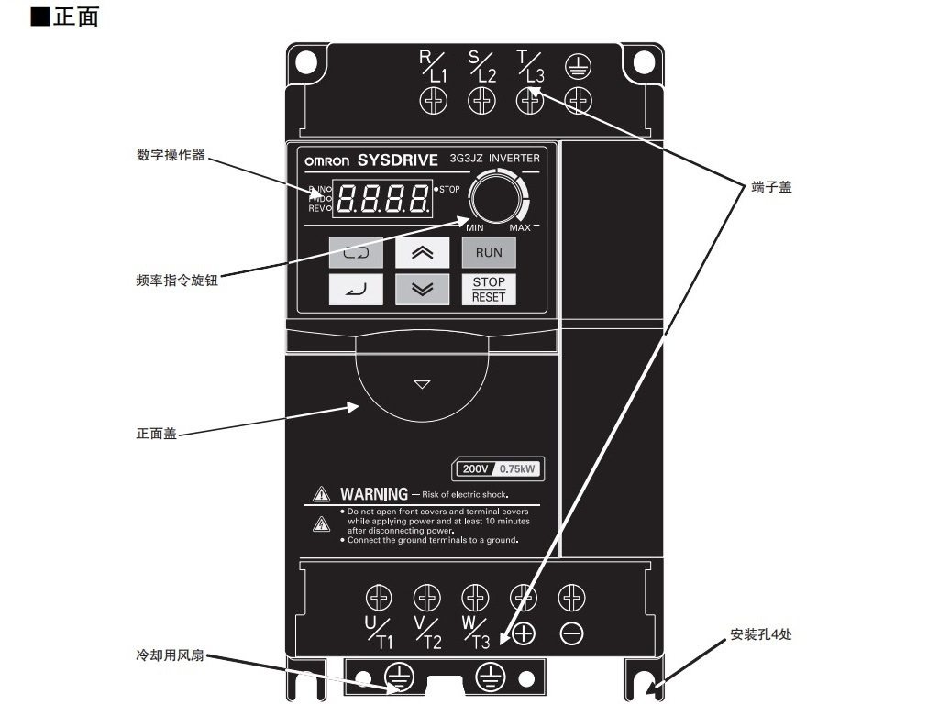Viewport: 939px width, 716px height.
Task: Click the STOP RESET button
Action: pos(489,289)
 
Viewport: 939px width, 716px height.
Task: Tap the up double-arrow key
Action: pos(422,252)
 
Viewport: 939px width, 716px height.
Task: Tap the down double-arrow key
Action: pos(422,290)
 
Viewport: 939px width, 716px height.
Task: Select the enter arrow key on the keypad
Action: pos(356,290)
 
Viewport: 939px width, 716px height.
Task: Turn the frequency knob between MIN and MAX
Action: pos(495,198)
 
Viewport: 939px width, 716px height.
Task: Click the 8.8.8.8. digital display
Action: pos(384,197)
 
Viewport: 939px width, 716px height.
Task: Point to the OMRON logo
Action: pos(326,160)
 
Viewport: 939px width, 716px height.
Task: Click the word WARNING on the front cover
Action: pos(373,494)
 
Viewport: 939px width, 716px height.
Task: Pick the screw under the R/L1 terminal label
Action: pos(433,100)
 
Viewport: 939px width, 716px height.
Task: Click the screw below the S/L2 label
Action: pos(482,100)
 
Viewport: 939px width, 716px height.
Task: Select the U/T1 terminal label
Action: pos(379,633)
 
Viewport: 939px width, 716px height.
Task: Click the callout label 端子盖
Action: pos(771,187)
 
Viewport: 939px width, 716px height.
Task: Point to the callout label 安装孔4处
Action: pos(760,634)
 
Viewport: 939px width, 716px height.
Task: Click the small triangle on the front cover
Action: pos(422,384)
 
